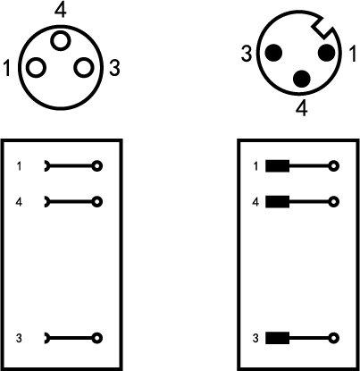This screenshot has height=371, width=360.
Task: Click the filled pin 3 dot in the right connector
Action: coord(273,53)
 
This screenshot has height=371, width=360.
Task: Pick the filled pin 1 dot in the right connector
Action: coord(327,53)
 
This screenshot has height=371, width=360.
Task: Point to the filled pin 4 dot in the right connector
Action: coord(302,79)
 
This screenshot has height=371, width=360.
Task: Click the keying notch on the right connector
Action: coord(322,29)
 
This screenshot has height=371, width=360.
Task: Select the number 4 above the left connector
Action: coord(61,11)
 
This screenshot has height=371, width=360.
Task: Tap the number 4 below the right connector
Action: coord(302,108)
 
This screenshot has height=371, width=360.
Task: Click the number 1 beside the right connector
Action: coord(352,54)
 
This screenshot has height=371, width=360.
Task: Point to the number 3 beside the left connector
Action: coord(114,68)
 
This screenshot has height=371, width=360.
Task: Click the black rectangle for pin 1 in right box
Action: coord(277,166)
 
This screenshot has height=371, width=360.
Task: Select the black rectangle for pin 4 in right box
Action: coord(277,202)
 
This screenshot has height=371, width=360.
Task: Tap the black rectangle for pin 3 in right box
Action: coord(277,338)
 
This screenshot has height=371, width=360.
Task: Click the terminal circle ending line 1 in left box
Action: coord(97,166)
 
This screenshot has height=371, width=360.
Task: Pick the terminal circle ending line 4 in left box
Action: coord(97,202)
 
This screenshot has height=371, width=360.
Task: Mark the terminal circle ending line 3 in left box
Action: coord(97,338)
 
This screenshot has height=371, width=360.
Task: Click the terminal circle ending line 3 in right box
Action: coord(334,338)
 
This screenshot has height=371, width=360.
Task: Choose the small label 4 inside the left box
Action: coord(19,202)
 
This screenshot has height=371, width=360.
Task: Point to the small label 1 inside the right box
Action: coord(255,166)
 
